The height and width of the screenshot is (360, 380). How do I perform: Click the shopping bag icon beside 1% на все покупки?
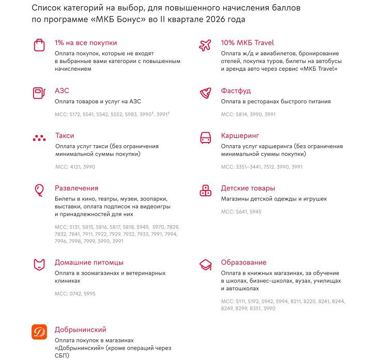(39, 45)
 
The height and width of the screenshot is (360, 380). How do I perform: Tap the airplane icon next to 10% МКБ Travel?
(205, 45)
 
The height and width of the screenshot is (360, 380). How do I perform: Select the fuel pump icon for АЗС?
(39, 93)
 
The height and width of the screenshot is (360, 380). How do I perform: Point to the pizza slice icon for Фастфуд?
(205, 93)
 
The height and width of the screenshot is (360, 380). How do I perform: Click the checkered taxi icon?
(39, 138)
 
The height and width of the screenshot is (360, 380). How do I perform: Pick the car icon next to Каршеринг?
(205, 138)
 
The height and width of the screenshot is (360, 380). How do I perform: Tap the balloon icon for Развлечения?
(39, 191)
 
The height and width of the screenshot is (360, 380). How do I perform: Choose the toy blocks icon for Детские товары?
(205, 191)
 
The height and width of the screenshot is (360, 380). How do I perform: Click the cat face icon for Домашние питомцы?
(39, 265)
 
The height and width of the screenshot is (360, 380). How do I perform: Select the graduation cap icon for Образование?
(205, 265)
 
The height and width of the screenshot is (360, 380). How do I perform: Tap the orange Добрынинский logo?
(39, 332)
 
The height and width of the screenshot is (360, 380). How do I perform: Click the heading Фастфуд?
(236, 91)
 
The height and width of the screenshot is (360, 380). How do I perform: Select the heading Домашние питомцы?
(89, 262)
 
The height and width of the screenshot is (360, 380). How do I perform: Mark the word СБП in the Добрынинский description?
(62, 355)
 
